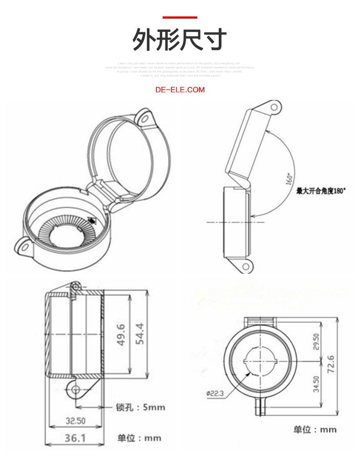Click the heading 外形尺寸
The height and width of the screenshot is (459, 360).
[180, 40]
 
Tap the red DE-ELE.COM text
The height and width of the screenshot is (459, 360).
[180, 90]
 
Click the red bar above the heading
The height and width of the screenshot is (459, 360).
[180, 17]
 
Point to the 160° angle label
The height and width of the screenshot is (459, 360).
[289, 178]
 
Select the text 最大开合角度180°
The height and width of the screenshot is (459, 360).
[321, 191]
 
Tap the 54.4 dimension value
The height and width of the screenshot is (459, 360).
[140, 334]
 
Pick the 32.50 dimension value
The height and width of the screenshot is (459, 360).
[75, 421]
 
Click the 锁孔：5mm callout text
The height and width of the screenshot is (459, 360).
[140, 407]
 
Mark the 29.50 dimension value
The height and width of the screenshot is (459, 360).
[316, 342]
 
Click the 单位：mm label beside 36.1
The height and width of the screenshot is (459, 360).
[139, 438]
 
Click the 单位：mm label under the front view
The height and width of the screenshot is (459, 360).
[315, 429]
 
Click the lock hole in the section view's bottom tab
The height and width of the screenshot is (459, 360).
[76, 389]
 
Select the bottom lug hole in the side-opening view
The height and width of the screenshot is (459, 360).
[246, 265]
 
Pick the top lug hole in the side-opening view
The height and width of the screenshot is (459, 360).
[274, 107]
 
